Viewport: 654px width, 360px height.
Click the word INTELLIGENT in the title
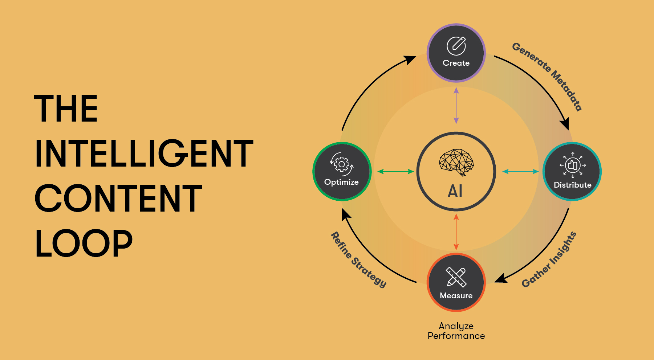coord(144,154)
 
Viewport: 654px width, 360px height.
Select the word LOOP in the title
coord(84,244)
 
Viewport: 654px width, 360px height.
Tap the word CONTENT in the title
coord(118,198)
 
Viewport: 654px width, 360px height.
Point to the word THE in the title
coord(66,109)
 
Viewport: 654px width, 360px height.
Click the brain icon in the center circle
coord(456,162)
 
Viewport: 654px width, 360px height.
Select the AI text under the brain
coord(455,191)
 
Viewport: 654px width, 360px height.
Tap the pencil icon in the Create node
coord(456,46)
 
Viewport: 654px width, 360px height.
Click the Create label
coord(456,63)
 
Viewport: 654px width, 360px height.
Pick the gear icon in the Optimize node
coord(342,164)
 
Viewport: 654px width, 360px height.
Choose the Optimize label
coord(341,182)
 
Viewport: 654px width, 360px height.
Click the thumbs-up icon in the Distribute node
coord(573,165)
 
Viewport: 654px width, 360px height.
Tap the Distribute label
coord(573,185)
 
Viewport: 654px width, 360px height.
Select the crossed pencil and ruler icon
coord(456,277)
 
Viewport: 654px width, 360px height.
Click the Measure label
coord(456,296)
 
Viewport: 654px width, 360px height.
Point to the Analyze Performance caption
coord(456,331)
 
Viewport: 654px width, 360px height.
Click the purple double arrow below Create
coord(456,106)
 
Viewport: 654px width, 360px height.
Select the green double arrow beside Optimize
coord(396,172)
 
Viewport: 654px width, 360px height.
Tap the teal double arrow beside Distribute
coord(520,172)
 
